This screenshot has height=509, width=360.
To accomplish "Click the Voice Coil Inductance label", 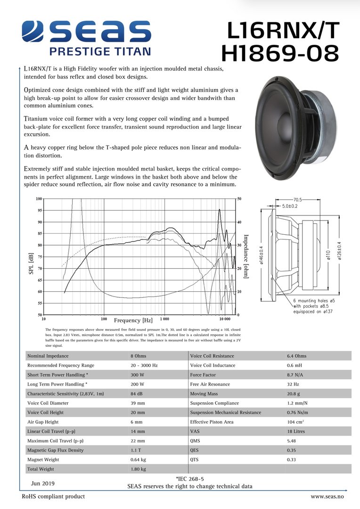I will tap(212, 365).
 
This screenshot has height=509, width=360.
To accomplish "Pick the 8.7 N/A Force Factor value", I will tap(296, 375).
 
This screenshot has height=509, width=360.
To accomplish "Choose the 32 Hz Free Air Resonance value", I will tap(293, 384).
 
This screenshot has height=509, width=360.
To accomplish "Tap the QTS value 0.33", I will tap(292, 460).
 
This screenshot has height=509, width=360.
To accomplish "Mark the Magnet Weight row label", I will tap(43, 460).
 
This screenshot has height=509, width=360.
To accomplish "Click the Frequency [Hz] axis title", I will tap(133, 320).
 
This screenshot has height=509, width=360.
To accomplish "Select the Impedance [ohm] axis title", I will tap(245, 256).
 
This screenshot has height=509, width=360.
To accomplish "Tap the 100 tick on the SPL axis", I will tap(39, 199).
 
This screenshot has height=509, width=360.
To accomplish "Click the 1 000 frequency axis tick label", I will tap(164, 319).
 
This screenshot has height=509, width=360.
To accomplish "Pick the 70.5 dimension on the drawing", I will tap(298, 199).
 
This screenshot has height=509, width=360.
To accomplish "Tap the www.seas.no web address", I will tap(327, 497).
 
